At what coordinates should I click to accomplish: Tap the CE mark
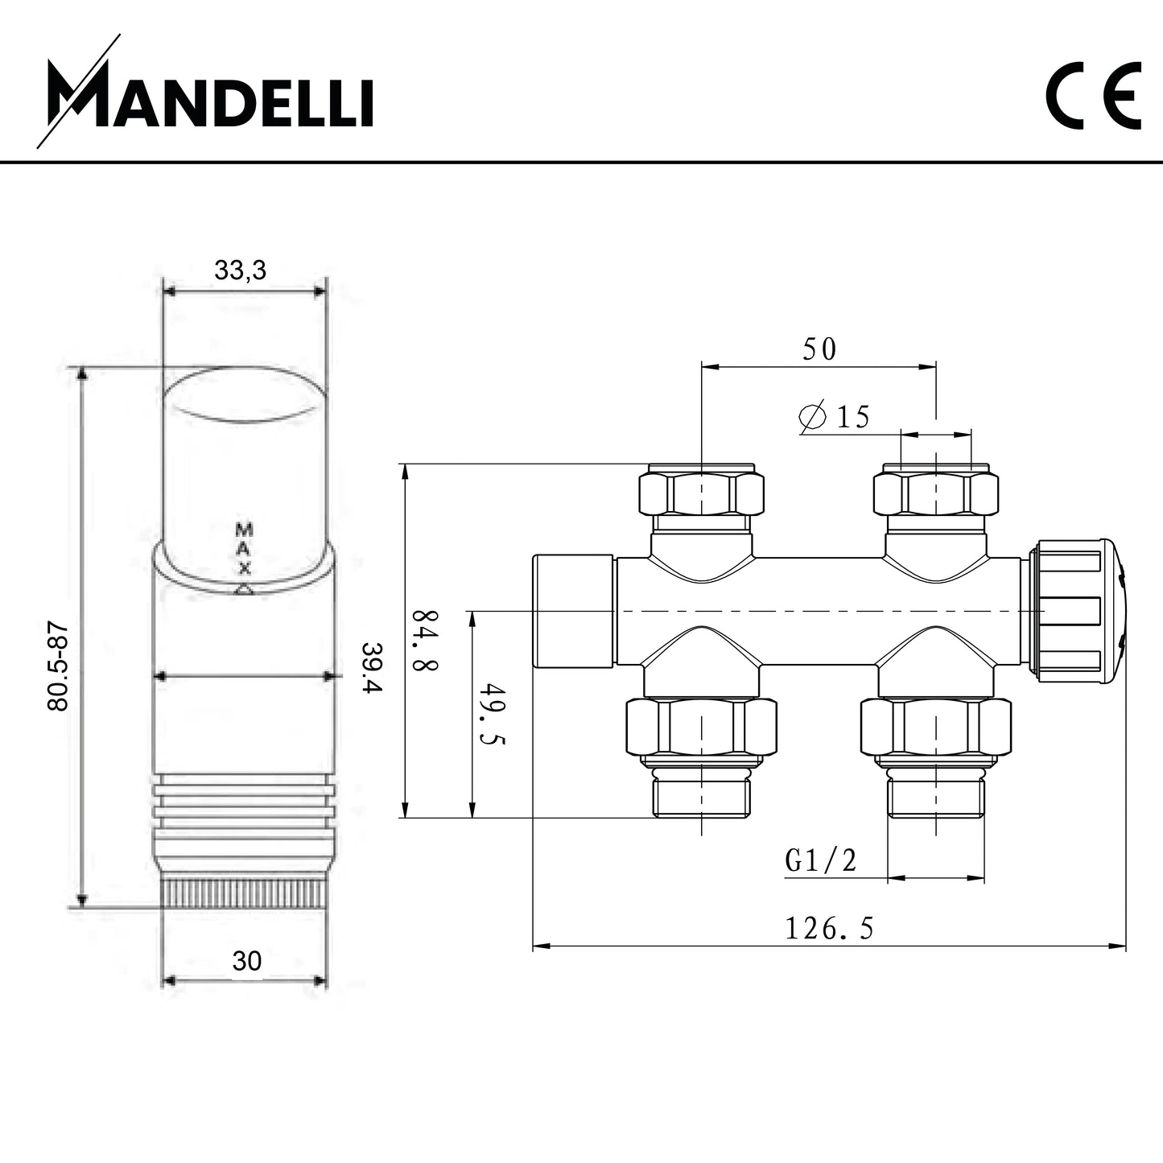coord(1094,95)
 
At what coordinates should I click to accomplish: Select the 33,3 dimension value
coord(240,271)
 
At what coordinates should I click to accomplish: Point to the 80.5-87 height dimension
coord(59,668)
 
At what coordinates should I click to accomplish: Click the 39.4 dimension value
coord(372,667)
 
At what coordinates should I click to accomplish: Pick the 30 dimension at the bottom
coord(247,961)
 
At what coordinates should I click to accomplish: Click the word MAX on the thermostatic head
coord(244,549)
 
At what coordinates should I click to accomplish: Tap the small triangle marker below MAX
coord(244,590)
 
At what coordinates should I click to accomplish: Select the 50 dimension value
coord(819,348)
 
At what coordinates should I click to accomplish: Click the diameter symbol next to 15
coord(812,416)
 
